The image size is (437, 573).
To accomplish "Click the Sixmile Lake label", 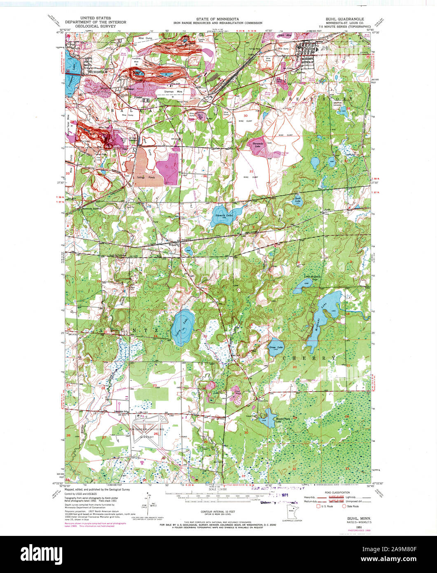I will pos(223,215).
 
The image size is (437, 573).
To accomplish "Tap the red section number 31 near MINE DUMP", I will pos(250,171).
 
